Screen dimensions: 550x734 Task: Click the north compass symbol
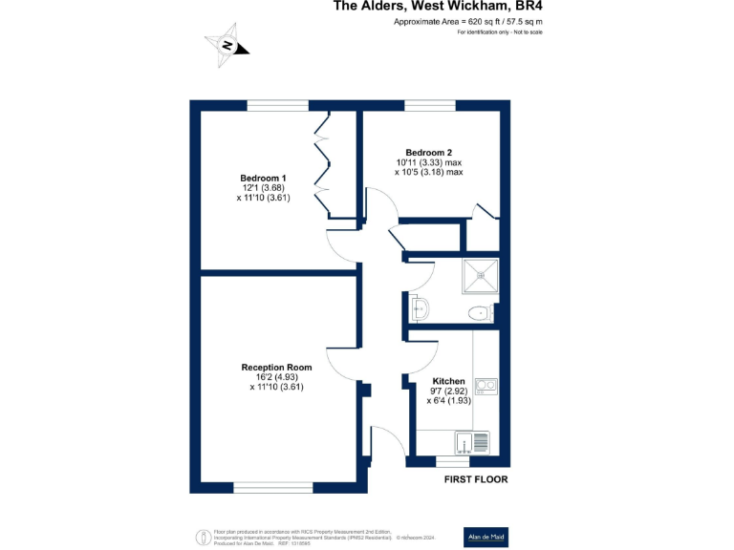(x=227, y=45)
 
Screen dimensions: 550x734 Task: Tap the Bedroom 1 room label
(x=263, y=179)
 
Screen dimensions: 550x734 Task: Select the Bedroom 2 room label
(x=428, y=153)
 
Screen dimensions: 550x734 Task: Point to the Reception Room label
(x=276, y=368)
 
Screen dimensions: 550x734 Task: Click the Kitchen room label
(x=448, y=380)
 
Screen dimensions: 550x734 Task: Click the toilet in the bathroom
(x=480, y=312)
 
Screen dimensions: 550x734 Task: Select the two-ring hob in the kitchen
(x=487, y=387)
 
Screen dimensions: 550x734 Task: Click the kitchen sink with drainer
(x=472, y=443)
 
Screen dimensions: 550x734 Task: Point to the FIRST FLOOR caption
(x=475, y=479)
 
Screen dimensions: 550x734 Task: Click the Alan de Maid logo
(x=483, y=535)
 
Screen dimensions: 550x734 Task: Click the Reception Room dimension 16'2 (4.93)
(x=276, y=377)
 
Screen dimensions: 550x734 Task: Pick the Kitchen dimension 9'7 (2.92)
(x=448, y=391)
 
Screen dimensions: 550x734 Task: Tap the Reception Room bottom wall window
(x=272, y=488)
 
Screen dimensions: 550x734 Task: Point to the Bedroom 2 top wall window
(x=429, y=104)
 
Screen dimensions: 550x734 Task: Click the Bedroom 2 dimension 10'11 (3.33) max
(x=429, y=162)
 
